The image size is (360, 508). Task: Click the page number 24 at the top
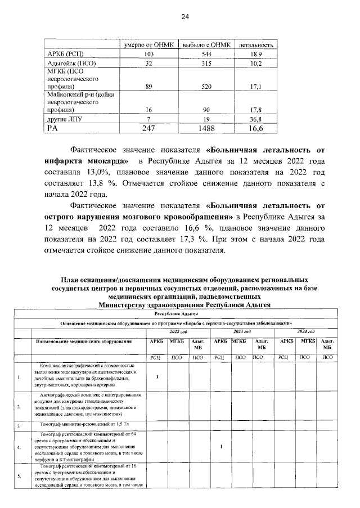tap(184, 17)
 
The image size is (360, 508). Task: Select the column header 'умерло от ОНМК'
tap(149, 44)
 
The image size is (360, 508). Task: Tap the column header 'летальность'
tap(256, 44)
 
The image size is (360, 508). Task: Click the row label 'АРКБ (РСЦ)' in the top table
tap(65, 53)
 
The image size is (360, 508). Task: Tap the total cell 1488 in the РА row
tap(204, 128)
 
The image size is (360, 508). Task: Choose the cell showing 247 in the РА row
tap(149, 128)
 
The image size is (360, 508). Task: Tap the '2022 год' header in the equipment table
tap(179, 332)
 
